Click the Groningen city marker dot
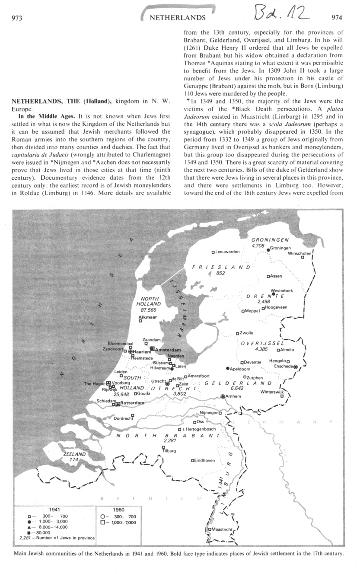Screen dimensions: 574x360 click(x=268, y=250)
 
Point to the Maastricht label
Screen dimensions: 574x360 click(x=223, y=529)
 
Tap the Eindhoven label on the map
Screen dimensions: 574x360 click(x=204, y=460)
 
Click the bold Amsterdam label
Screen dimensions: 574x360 click(x=167, y=349)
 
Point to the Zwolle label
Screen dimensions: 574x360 click(x=246, y=333)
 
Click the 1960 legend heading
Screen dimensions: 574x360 click(x=118, y=510)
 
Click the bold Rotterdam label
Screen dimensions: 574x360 click(x=131, y=403)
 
